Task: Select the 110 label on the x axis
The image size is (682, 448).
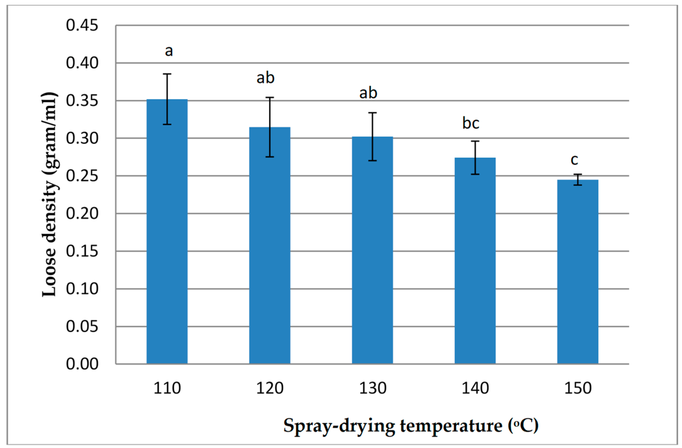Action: pos(167,388)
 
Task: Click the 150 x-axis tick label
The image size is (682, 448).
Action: pos(578,388)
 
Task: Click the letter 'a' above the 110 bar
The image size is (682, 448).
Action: pos(169,51)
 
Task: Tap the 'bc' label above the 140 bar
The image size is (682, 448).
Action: pos(470,123)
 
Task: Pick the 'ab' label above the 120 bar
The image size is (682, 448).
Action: pos(265,78)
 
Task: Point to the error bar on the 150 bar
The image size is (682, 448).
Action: pos(577,179)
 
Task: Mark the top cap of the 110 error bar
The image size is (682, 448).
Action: pos(167,74)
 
